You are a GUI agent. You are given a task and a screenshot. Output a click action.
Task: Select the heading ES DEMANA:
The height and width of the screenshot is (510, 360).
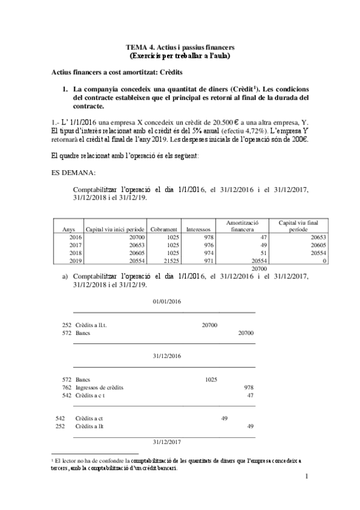coord(73,173)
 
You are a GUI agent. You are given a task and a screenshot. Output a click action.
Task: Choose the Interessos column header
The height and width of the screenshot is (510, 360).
coord(198,229)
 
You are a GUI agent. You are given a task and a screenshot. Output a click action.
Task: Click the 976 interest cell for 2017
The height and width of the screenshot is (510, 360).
coord(208,246)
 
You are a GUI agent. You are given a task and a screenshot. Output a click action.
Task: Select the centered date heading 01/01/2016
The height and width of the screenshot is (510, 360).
coord(167,301)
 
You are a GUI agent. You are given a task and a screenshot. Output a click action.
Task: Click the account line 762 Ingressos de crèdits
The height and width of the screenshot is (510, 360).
coord(100,388)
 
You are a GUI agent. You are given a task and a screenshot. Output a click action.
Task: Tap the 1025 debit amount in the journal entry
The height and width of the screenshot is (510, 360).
coord(211,379)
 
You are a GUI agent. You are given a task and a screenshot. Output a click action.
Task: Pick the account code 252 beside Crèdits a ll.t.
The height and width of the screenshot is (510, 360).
coord(67,325)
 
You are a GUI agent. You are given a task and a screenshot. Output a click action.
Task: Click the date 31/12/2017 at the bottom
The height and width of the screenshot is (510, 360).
coord(167,442)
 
